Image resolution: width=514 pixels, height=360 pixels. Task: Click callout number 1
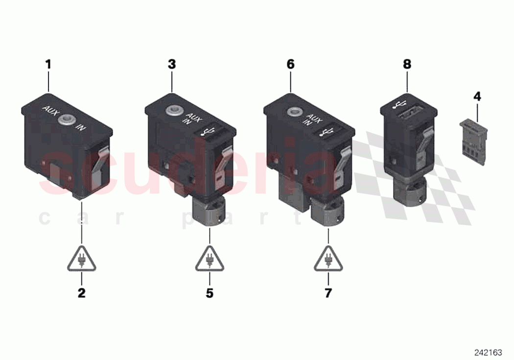(x=48, y=64)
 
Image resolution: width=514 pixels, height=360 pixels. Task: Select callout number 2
(x=81, y=293)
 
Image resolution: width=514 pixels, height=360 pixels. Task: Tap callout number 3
(x=172, y=64)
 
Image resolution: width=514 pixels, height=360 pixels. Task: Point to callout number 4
(x=477, y=96)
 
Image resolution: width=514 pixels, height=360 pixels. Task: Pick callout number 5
(x=210, y=293)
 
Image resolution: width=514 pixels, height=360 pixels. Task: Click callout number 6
(x=291, y=64)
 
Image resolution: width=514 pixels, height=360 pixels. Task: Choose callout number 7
(x=328, y=293)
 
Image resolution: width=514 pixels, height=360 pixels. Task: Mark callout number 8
(x=407, y=64)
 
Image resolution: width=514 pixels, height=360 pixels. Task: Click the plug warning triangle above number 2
(x=81, y=260)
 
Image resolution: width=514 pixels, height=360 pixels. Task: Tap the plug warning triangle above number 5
(x=210, y=260)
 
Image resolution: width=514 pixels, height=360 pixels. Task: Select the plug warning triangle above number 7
(x=328, y=260)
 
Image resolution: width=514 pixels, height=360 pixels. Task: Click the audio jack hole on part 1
(x=65, y=119)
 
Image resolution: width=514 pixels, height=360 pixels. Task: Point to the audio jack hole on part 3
(x=172, y=112)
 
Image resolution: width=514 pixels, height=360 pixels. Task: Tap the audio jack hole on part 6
(x=294, y=112)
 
